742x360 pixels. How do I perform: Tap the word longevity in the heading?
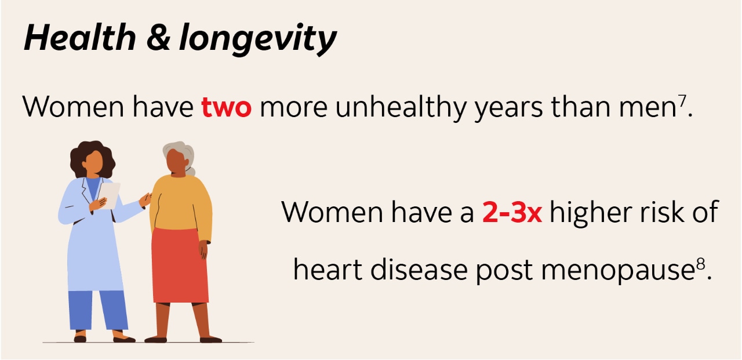point(257,39)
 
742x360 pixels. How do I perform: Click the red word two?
point(226,107)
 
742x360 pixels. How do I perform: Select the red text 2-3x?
point(512,213)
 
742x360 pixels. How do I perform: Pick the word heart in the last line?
point(328,270)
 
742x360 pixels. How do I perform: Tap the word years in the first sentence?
point(510,108)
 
